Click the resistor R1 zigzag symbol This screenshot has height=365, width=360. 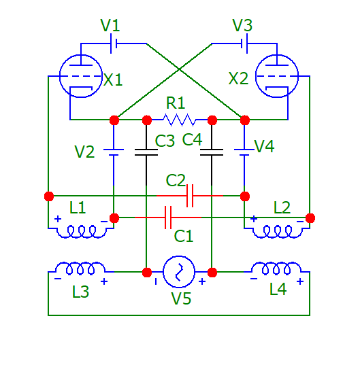point(179,120)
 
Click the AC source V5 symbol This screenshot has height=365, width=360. point(179,272)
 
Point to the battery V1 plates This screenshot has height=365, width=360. point(114,44)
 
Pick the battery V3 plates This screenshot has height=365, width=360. point(244,44)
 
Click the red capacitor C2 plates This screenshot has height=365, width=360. point(190,196)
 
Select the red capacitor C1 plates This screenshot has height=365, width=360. point(168,218)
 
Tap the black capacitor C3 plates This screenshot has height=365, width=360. point(146,152)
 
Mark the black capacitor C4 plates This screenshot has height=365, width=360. point(212,152)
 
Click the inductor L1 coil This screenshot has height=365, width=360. point(81,232)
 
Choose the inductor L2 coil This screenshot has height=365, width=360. point(277,232)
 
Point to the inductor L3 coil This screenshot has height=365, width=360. point(80,268)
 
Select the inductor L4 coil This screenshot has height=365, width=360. point(276,268)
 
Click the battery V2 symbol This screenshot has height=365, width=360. point(114,152)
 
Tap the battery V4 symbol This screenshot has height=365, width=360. point(244,152)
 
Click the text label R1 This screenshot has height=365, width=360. point(176,103)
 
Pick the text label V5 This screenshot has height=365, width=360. point(181,298)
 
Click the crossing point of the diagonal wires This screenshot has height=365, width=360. point(179,69)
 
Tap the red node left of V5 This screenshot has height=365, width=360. point(147,273)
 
